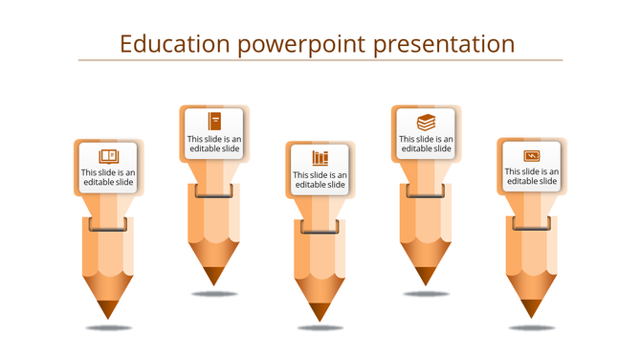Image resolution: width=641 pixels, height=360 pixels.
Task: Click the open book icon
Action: coord(109,155)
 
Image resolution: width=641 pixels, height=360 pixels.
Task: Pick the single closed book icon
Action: coord(215,121)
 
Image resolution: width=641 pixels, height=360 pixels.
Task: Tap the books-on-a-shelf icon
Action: coord(320,157)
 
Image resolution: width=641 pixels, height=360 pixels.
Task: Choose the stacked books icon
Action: coord(426,122)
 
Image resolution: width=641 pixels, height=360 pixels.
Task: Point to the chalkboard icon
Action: coord(532,155)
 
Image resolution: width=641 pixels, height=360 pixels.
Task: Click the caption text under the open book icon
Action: coord(109,177)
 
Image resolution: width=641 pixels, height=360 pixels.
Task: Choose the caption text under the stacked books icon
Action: coord(426,144)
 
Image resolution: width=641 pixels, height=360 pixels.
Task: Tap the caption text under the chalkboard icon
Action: coord(532,176)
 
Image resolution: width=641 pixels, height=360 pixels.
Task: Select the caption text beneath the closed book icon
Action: coord(215,144)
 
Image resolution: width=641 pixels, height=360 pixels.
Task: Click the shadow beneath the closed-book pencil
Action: coord(214,294)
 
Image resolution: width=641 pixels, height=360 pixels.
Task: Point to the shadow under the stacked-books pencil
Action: coord(426,294)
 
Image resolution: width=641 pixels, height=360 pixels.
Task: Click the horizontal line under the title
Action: coord(320,60)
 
